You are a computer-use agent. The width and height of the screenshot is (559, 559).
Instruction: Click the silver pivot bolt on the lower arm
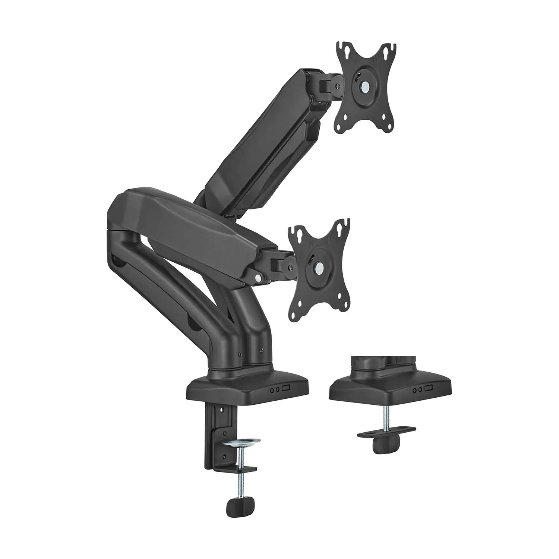[x=258, y=278]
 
